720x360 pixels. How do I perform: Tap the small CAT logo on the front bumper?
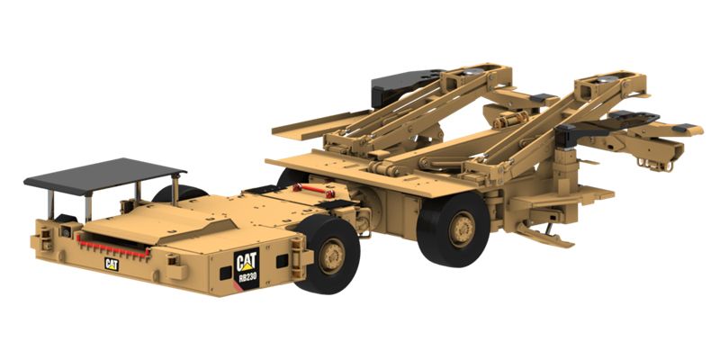pos(112,264)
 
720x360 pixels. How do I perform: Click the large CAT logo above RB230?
pos(246,262)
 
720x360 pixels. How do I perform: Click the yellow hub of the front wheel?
pos(332,256)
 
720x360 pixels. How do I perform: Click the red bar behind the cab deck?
pos(310,190)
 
